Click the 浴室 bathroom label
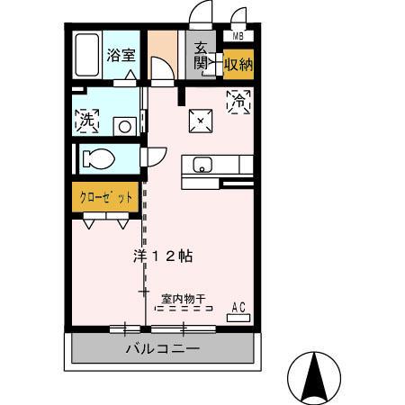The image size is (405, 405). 121,54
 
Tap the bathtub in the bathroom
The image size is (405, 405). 88,56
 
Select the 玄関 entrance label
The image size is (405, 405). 200,56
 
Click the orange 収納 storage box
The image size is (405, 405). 238,64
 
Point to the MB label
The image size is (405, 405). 238,37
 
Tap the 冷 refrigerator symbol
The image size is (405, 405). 238,102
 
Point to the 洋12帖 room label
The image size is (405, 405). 162,256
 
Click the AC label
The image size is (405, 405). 238,307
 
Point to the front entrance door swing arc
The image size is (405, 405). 200,16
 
